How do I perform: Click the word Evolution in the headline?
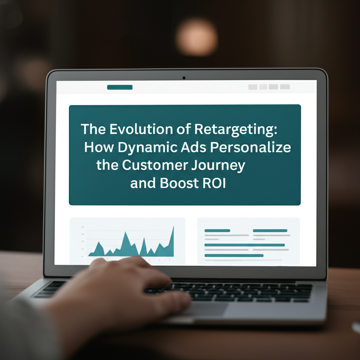141,129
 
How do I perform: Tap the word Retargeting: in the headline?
236,129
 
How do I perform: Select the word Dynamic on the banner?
148,148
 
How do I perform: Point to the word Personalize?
250,147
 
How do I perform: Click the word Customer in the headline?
155,165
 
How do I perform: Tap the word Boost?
179,183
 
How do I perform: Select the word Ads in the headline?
194,147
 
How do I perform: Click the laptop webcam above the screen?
184,78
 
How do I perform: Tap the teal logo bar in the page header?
120,87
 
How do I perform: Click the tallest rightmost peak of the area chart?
173,227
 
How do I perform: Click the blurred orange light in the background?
197,37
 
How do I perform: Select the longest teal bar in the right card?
245,245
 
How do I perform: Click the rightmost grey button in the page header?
285,87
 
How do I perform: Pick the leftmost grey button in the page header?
253,87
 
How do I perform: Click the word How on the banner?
99,147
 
